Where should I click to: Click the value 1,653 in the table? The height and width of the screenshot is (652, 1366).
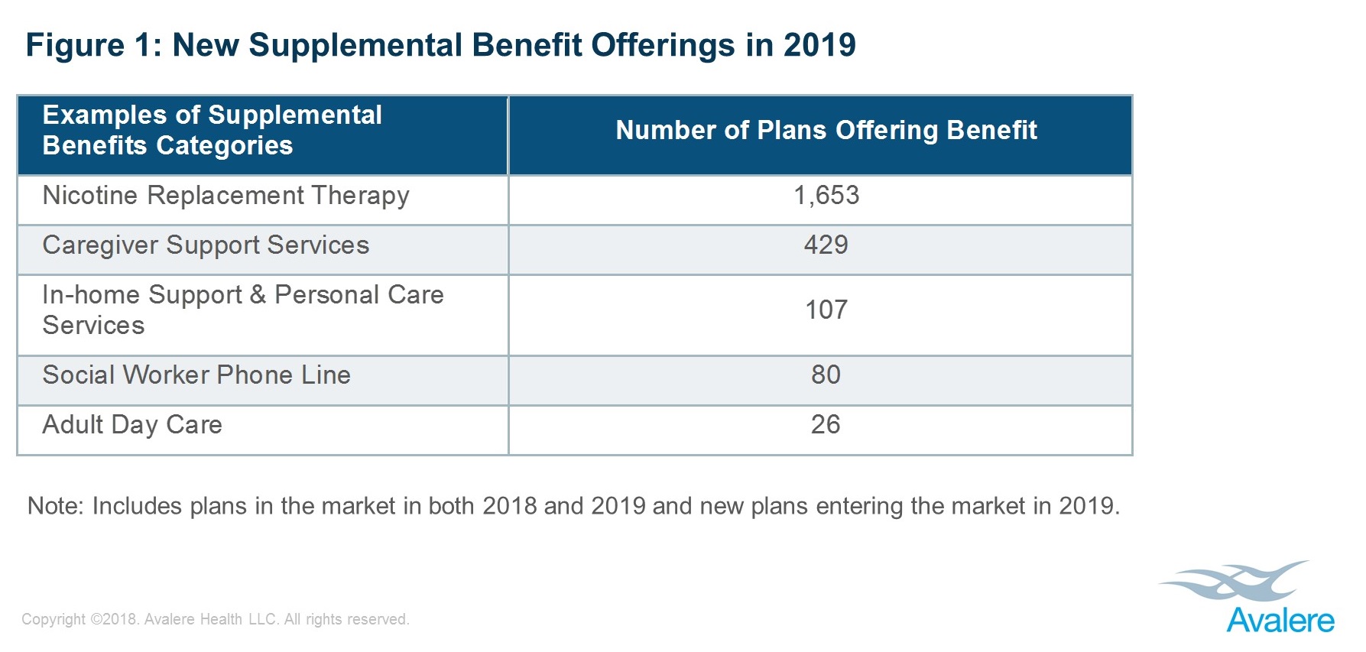click(x=826, y=196)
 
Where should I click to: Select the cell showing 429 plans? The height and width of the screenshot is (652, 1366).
click(x=826, y=245)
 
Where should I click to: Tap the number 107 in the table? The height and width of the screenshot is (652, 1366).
click(x=826, y=310)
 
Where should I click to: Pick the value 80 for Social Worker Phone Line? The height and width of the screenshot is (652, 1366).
click(x=826, y=375)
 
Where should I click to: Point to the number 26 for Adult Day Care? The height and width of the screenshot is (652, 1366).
click(x=826, y=425)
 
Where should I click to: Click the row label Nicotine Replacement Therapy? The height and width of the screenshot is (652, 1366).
click(x=226, y=196)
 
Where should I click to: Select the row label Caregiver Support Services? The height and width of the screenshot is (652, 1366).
click(x=206, y=245)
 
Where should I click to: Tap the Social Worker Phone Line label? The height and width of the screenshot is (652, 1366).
click(x=196, y=375)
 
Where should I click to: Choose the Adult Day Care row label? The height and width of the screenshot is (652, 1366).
click(x=132, y=425)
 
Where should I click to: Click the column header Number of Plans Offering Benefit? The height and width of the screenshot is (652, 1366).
click(x=826, y=131)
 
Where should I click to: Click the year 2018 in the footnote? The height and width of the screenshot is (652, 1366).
click(x=510, y=506)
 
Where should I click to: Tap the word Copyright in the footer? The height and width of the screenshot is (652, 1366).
click(x=54, y=619)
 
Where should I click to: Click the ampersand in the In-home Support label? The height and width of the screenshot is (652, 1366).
click(x=258, y=295)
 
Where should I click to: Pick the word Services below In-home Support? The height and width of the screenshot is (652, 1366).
click(x=93, y=326)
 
